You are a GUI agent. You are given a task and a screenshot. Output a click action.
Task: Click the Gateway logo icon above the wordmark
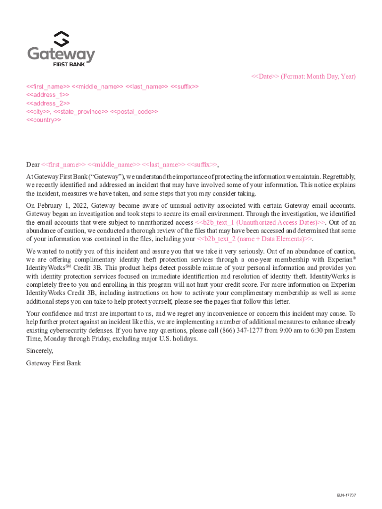(x=61, y=39)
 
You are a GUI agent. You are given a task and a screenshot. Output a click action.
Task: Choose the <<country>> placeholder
(x=44, y=120)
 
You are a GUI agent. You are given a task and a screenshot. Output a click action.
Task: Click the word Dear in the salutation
(x=33, y=165)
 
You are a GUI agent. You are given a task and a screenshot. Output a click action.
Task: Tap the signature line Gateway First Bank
(x=54, y=363)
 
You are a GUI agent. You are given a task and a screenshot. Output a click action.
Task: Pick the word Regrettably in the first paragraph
(x=340, y=176)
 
